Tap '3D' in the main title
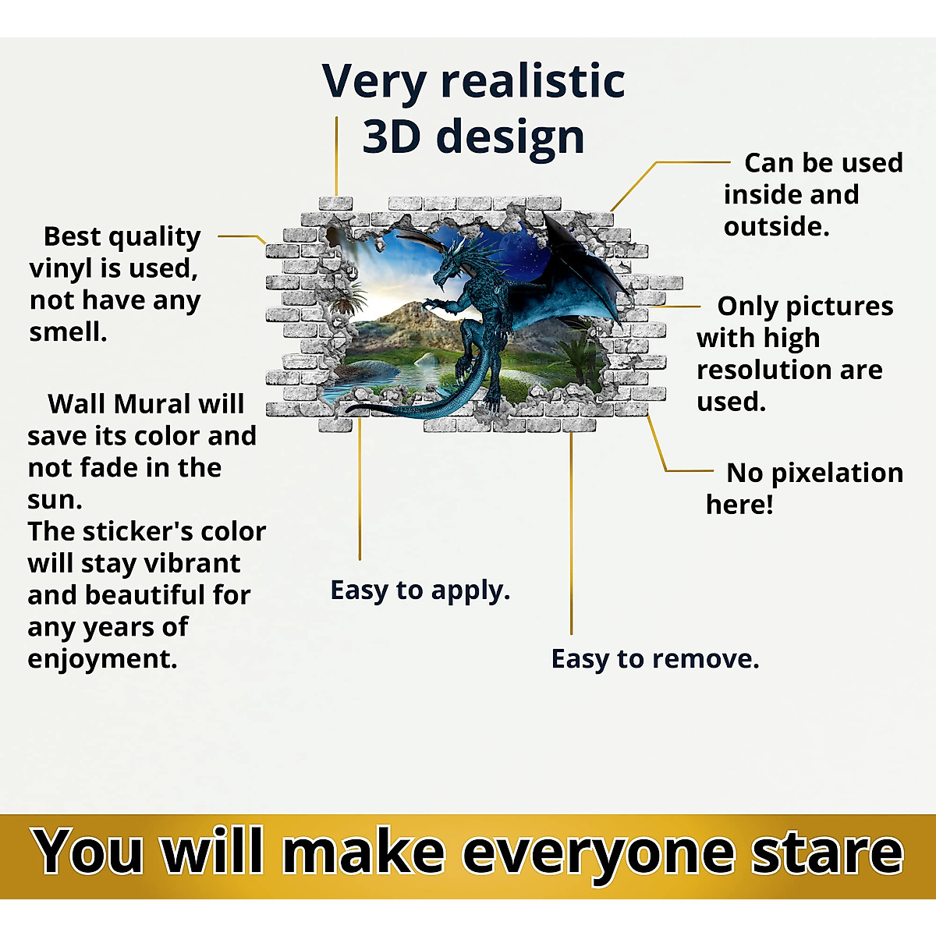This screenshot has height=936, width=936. pos(392,136)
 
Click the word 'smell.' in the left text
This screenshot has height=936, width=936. pos(68,332)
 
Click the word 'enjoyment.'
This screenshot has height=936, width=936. pos(102,659)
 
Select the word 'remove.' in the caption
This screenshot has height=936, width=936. pos(705,659)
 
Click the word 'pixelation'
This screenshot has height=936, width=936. pos(837,473)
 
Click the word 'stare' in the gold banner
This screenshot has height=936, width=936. pos(828,853)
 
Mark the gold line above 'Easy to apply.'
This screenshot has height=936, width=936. pos(360,490)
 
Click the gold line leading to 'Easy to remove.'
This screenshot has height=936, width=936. pos(571,534)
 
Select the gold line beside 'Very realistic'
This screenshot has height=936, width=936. pos(336,156)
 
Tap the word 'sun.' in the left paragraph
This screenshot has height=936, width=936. pos(55,500)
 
